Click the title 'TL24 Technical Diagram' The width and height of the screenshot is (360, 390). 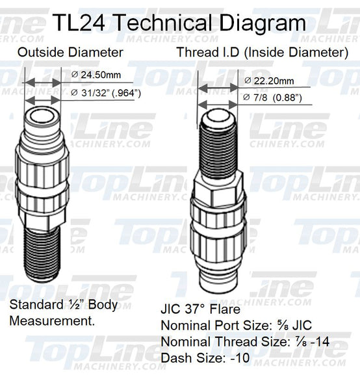(x=180, y=23)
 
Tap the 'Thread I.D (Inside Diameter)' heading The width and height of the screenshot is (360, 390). (x=263, y=52)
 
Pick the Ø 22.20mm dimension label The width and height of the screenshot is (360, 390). (x=269, y=81)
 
